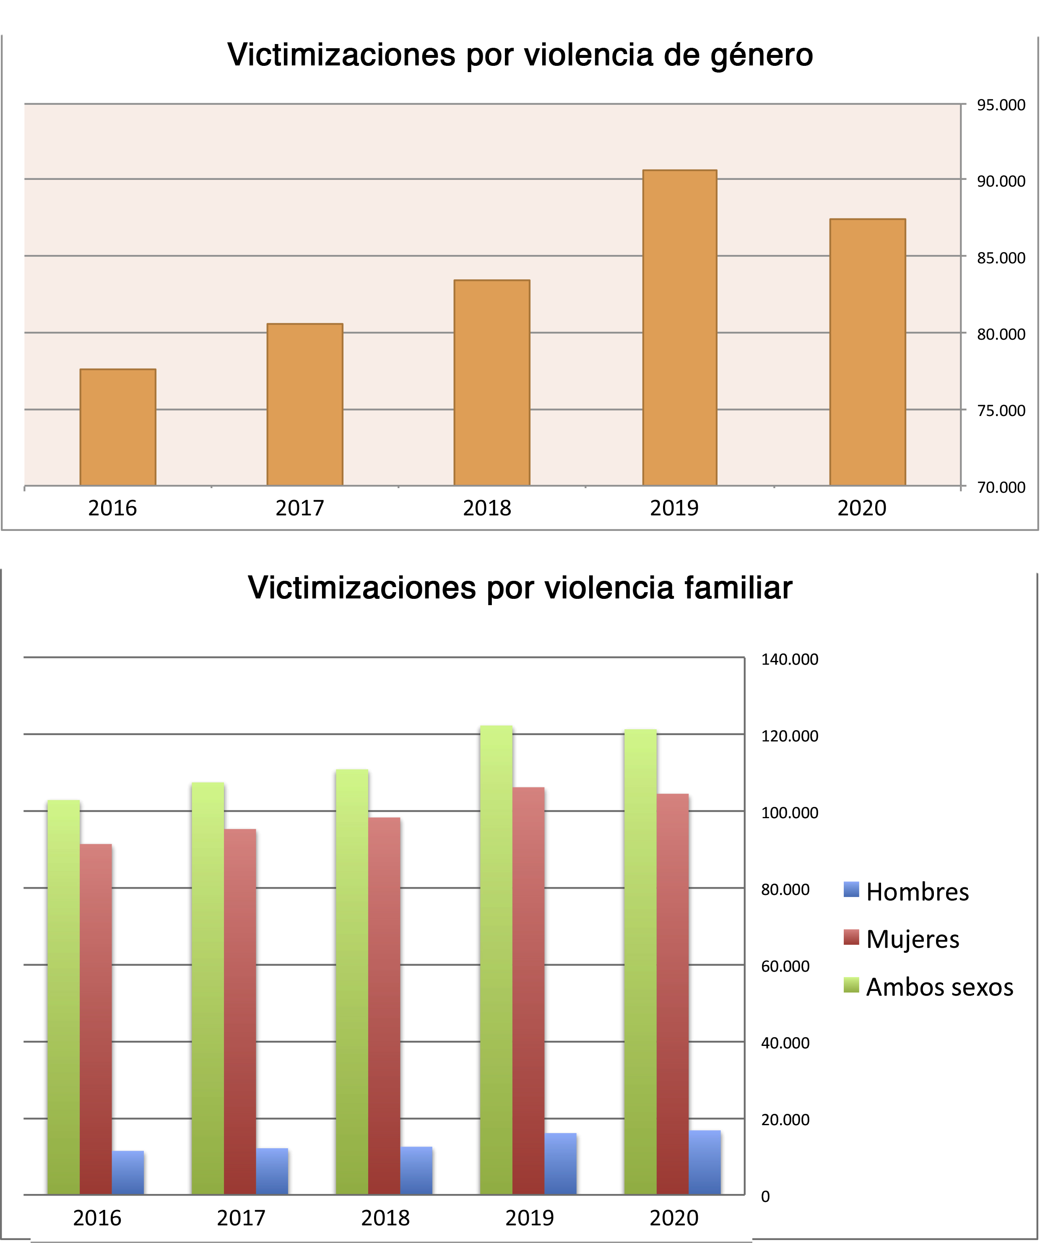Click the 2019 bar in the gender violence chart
679,328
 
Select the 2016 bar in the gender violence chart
118,427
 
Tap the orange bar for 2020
867,352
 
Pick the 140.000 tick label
790,659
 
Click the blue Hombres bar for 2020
705,1162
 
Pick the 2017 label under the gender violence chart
299,508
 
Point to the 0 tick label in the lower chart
765,1197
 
